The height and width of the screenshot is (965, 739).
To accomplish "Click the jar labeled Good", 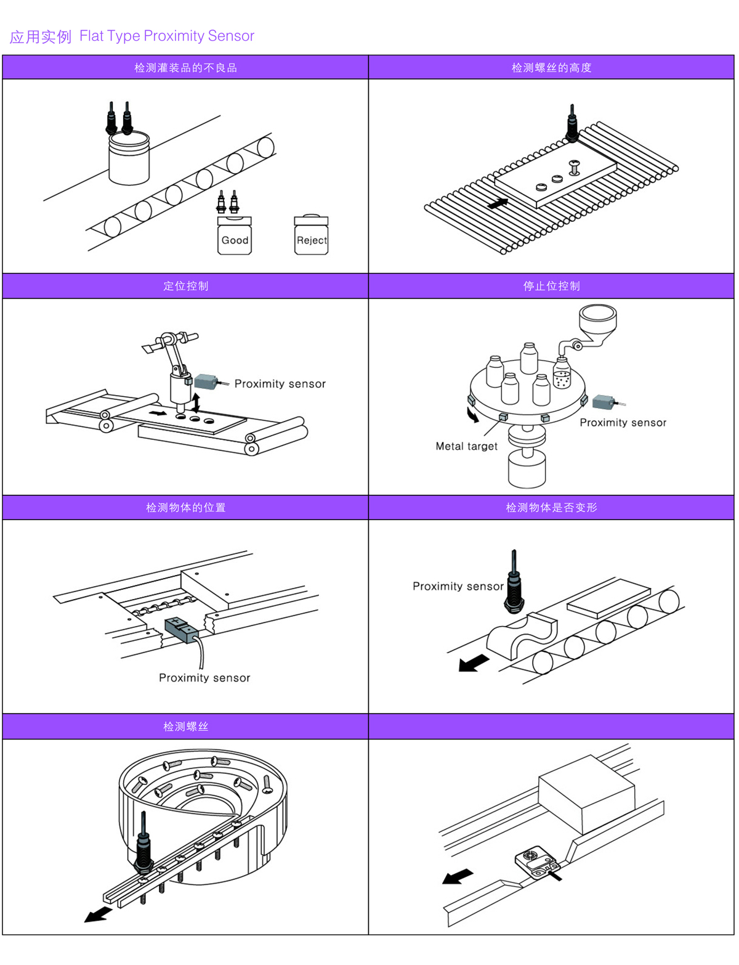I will [235, 236].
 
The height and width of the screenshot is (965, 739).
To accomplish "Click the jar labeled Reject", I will [311, 236].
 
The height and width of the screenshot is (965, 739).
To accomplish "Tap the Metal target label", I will [466, 446].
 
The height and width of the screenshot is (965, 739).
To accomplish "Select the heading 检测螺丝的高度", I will [551, 68].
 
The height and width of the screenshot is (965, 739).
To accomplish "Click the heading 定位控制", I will [185, 286].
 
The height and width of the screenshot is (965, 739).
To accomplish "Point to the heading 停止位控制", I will [551, 286].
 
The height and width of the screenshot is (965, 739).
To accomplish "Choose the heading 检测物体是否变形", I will [551, 508].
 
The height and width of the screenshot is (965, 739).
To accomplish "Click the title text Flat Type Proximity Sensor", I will [167, 36].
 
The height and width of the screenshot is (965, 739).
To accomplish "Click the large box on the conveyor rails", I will [586, 796].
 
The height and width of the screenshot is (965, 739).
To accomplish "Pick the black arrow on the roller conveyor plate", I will [498, 203].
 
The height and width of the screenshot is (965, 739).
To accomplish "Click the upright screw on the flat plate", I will [575, 166].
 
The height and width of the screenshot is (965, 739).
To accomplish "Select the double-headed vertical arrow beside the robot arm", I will [196, 403].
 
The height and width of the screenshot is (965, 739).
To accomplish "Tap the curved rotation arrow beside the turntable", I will [473, 416].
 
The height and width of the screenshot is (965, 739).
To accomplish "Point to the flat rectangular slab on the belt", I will [608, 597].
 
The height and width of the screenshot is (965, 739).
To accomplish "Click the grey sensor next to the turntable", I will [604, 403].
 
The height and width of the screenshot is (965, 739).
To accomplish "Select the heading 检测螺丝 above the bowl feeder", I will [185, 727].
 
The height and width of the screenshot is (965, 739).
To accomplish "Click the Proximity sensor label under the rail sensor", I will [204, 678].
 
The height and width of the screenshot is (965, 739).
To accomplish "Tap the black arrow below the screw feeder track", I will [98, 914].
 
